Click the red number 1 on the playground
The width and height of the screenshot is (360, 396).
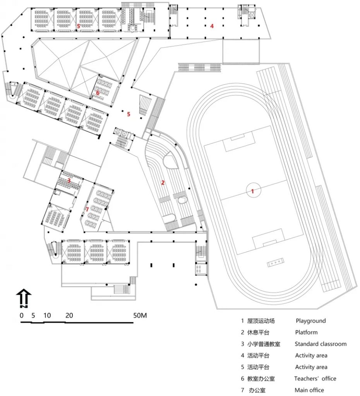pos(252,191)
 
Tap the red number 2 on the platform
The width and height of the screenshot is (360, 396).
pos(163,183)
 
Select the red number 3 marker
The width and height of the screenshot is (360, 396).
pos(69,180)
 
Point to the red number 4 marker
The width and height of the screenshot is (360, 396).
pos(212,26)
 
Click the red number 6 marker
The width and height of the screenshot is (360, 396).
pos(98,93)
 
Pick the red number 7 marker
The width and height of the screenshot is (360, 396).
pos(87,209)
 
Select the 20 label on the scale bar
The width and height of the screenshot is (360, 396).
pos(69,315)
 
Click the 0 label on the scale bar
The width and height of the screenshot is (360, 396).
pos(22,315)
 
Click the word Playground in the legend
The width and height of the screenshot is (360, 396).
pos(310,321)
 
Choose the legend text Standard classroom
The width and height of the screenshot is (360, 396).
pos(321,344)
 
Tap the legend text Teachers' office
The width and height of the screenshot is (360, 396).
pos(315,379)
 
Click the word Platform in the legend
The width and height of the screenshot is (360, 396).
pos(306,332)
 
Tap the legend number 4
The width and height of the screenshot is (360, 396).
pos(242,355)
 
